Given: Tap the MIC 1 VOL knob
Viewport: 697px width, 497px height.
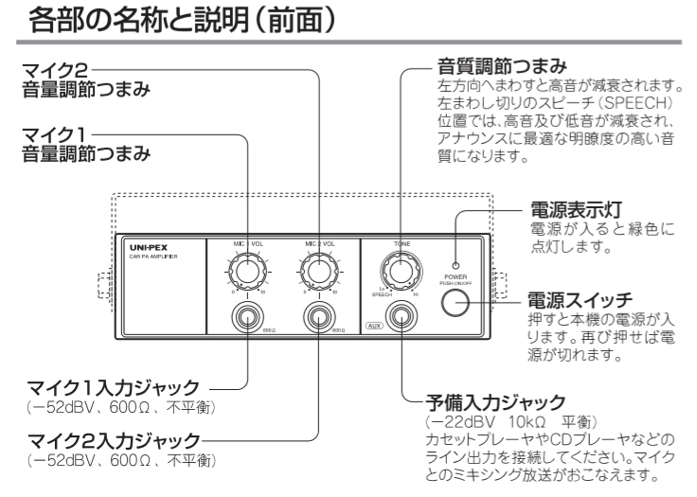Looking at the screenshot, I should (247, 274).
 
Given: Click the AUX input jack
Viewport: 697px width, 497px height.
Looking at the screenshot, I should (402, 317).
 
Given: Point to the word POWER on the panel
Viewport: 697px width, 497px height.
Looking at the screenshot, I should (456, 277).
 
